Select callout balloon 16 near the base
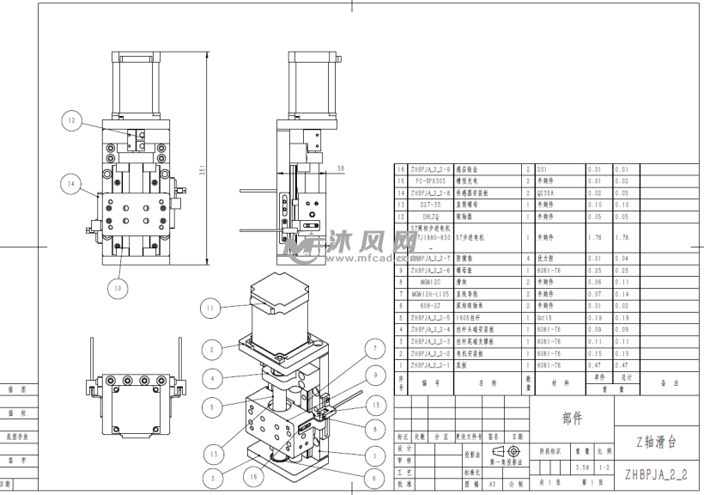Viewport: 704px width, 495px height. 252,475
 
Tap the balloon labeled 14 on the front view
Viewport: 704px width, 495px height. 70,183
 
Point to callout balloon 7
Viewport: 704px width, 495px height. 373,348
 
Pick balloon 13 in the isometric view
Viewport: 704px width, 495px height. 210,453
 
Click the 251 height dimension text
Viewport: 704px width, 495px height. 203,171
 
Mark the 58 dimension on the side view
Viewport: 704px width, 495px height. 341,168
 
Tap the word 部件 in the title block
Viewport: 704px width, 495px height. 572,419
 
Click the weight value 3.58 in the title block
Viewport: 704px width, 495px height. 582,466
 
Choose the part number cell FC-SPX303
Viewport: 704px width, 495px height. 430,182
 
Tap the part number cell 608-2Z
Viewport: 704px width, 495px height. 430,305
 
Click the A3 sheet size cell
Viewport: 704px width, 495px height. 492,484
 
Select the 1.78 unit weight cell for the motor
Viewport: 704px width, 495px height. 595,236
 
